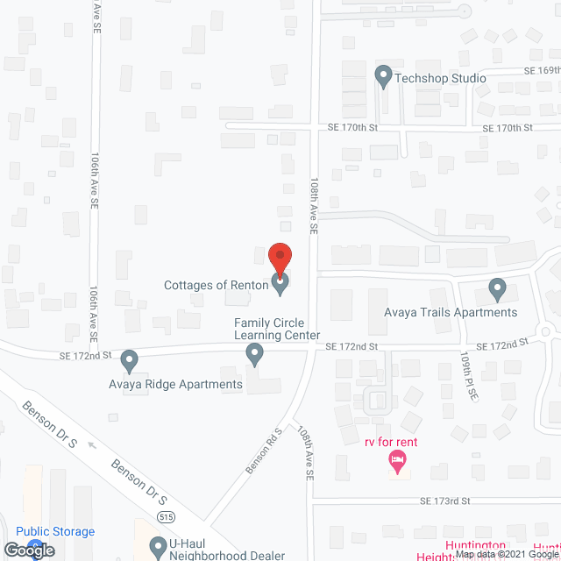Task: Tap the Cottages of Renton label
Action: click(x=216, y=285)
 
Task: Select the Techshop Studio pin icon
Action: click(x=383, y=76)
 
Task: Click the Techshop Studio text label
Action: click(x=440, y=78)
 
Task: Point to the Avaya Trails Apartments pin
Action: click(x=497, y=288)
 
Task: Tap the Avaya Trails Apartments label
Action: click(x=451, y=312)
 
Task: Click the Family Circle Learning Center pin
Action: click(x=254, y=354)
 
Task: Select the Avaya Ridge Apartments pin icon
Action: click(x=130, y=360)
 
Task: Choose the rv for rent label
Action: click(x=391, y=442)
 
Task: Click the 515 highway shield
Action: click(x=165, y=518)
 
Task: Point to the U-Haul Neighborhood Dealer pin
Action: click(x=158, y=548)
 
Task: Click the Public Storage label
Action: click(x=55, y=531)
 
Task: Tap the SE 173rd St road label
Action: click(x=446, y=501)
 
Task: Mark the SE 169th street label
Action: click(x=541, y=70)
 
